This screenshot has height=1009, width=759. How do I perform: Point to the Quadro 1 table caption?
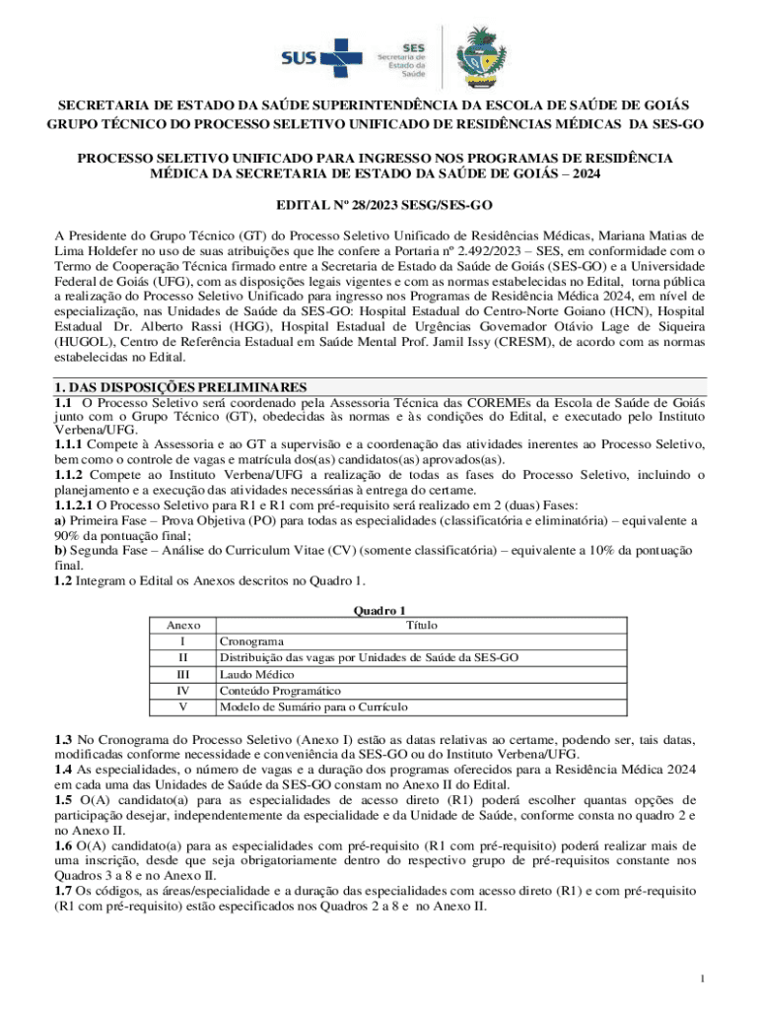[379, 610]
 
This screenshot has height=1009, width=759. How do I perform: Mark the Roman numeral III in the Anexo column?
[183, 674]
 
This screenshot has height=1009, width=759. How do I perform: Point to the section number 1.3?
[63, 739]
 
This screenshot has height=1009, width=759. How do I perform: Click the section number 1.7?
[63, 891]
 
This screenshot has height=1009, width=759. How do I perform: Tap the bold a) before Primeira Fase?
[60, 520]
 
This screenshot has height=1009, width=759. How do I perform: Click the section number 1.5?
[63, 799]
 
